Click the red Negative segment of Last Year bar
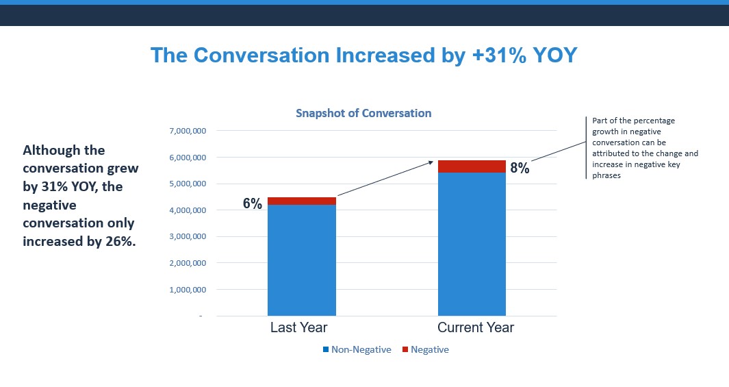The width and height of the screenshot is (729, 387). (301, 201)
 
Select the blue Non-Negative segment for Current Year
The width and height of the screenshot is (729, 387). (472, 243)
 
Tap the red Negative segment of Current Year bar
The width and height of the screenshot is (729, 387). (472, 166)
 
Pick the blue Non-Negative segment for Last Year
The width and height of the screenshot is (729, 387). (301, 260)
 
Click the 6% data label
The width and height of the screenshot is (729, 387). (253, 203)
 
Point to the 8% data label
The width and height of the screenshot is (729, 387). (520, 168)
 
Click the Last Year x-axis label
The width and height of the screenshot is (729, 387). (298, 327)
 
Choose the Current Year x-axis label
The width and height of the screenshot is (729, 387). (476, 327)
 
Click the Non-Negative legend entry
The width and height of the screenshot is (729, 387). (361, 350)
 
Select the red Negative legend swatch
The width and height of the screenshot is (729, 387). (405, 350)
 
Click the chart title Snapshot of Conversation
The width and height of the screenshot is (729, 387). (363, 113)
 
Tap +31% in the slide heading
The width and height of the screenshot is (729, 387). (498, 55)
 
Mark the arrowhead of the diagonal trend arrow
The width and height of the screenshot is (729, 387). (432, 162)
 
